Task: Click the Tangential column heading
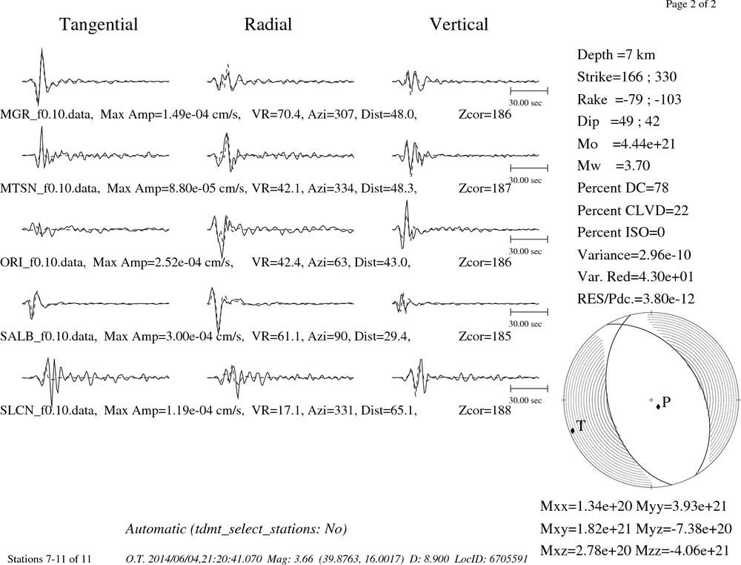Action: tap(99, 24)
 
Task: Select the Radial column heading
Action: tap(268, 24)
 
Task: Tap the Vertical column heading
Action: tap(459, 24)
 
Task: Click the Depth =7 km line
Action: tap(616, 55)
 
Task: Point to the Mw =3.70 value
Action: tap(614, 165)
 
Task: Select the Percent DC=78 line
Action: tap(622, 188)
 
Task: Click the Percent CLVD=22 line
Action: tap(633, 210)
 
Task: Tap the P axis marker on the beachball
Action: tap(658, 406)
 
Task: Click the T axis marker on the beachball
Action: tap(573, 430)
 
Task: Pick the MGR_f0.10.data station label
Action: tap(45, 114)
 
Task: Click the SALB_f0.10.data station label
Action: tap(48, 337)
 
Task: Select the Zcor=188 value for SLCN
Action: tap(485, 410)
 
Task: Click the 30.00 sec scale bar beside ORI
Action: tap(529, 239)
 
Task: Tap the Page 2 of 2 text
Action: tap(691, 4)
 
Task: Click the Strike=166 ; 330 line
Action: tap(627, 76)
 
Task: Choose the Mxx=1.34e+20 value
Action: tap(585, 506)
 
